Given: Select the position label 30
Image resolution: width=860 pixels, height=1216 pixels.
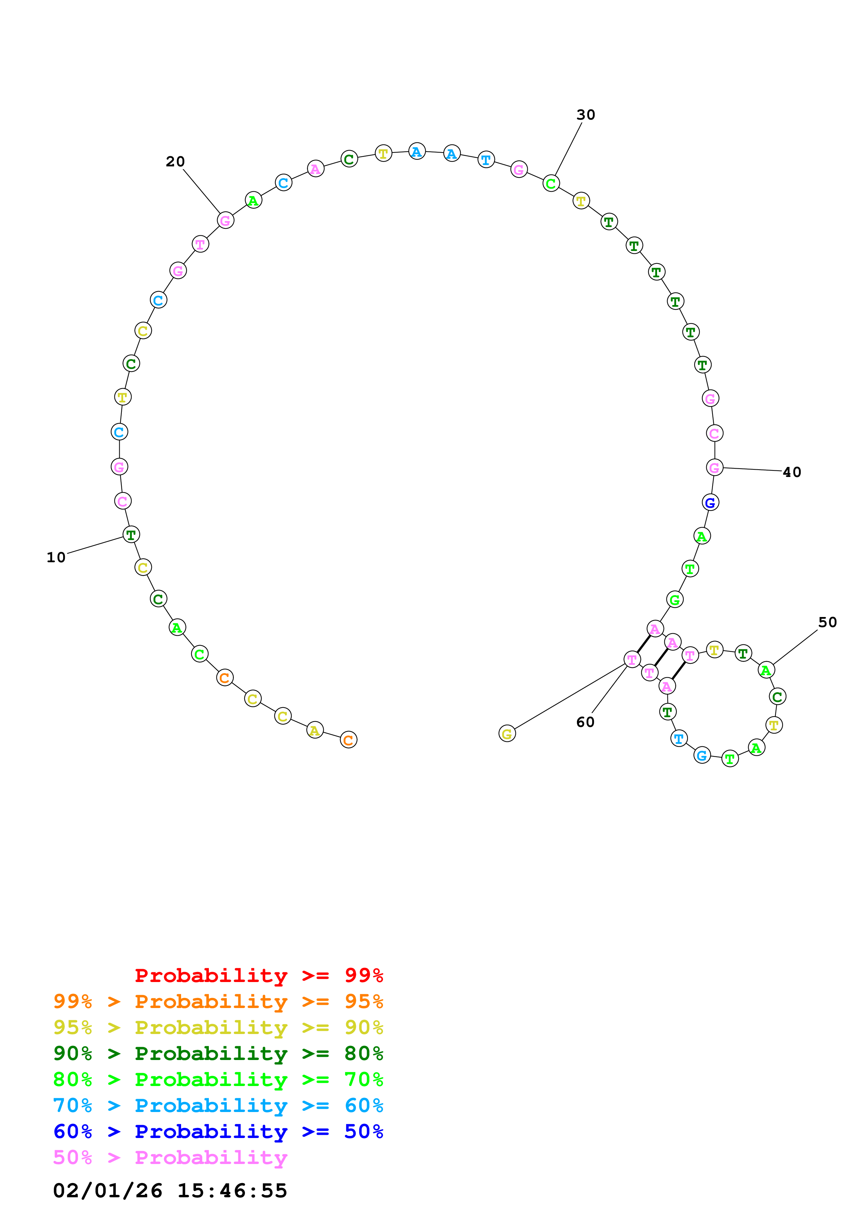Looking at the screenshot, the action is coord(586,115).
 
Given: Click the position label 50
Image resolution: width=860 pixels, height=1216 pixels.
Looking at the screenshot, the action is coord(827,622).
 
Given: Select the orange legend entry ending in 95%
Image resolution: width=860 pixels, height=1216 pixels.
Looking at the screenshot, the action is coord(218,1001).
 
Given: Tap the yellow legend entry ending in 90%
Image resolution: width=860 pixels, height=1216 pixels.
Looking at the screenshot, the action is coord(218,1027).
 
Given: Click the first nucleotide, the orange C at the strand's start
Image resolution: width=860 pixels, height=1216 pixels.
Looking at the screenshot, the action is coord(348,740).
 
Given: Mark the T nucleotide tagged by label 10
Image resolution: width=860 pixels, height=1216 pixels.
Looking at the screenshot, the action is coord(131,535).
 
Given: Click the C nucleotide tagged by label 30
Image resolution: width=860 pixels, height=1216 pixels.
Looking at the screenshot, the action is coord(551,183).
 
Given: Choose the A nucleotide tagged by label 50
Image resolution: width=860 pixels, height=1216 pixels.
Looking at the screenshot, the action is coord(766,670).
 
